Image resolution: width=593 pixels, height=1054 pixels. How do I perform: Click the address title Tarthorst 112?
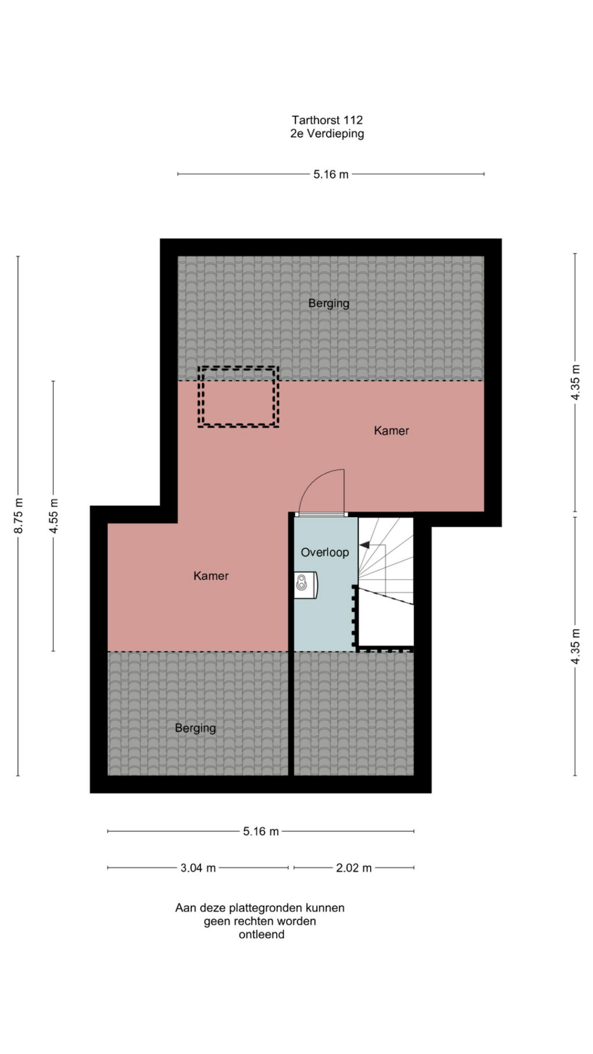click(x=327, y=120)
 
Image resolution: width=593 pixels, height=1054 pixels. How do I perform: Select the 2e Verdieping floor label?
click(x=327, y=134)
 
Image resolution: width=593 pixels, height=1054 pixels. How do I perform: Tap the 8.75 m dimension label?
click(x=19, y=515)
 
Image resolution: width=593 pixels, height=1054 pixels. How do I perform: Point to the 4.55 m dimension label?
click(x=53, y=515)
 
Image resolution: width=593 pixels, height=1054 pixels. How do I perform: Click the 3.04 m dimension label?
click(x=198, y=868)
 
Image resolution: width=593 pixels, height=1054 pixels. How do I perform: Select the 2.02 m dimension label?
click(x=354, y=868)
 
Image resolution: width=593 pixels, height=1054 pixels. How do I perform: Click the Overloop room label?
click(x=325, y=552)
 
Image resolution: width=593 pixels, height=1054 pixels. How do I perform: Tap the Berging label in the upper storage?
click(x=329, y=303)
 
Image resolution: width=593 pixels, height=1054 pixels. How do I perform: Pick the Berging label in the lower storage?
click(x=196, y=728)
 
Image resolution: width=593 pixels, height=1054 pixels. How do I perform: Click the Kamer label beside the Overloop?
click(x=211, y=576)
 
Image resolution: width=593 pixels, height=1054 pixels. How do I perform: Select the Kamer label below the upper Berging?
click(x=391, y=430)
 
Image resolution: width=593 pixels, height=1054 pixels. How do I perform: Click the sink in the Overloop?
click(x=306, y=585)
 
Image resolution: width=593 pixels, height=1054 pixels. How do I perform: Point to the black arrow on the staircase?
click(x=365, y=545)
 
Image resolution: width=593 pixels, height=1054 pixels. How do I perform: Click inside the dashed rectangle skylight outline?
click(x=238, y=397)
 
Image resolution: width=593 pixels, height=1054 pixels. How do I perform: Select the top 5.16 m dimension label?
click(x=331, y=174)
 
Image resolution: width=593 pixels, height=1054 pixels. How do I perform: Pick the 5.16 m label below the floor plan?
click(x=261, y=832)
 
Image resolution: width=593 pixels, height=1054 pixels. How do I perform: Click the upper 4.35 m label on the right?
click(x=575, y=382)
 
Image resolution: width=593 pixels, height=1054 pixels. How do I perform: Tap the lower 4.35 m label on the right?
click(x=575, y=646)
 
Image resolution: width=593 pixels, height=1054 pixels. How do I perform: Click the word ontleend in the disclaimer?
click(x=262, y=934)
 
